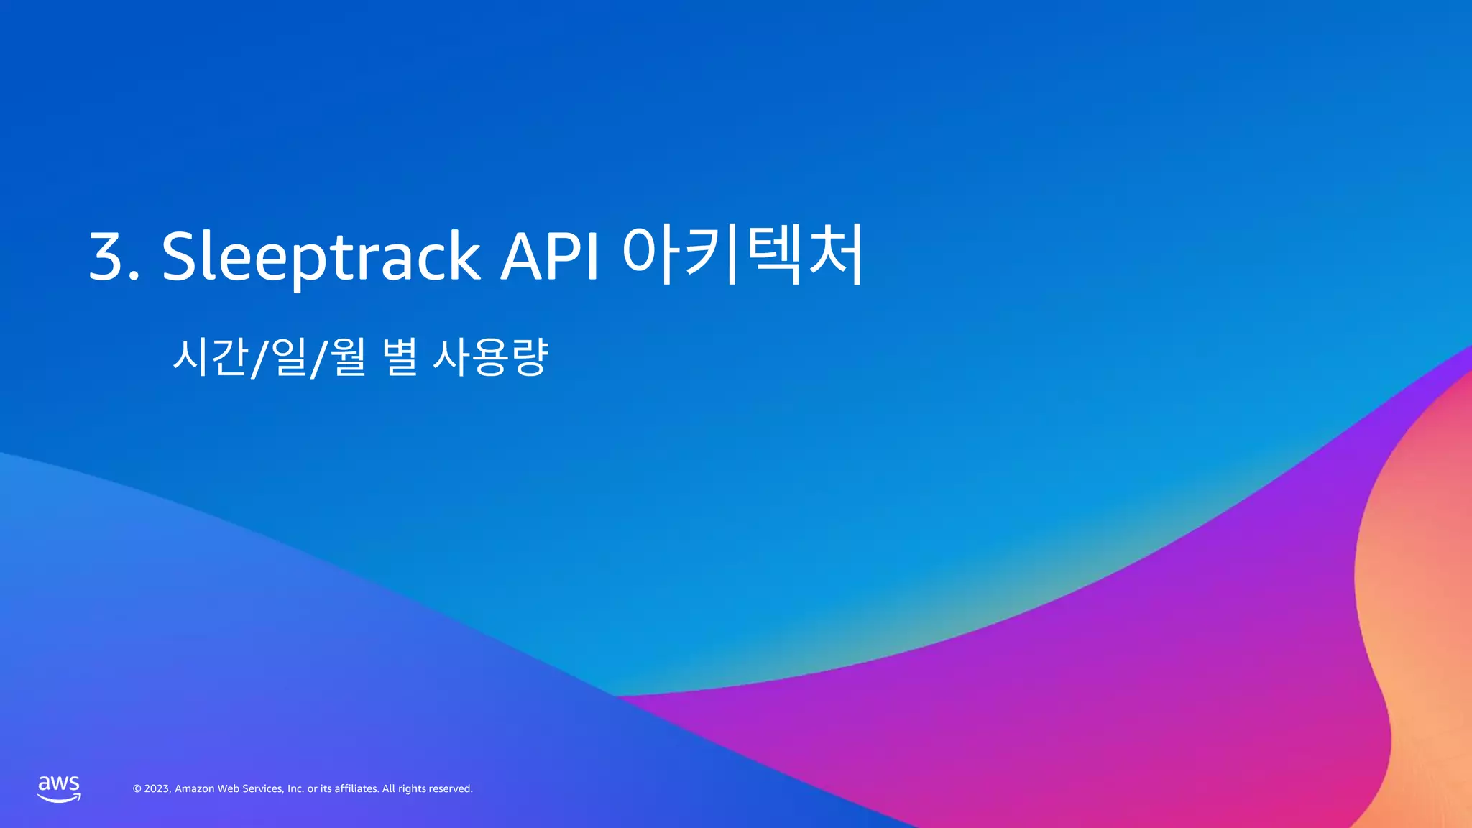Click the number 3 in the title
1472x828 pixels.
pos(107,257)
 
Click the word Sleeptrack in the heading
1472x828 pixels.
pos(321,257)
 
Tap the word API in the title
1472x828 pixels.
pos(550,257)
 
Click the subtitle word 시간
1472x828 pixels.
pos(211,356)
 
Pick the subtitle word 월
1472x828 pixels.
pos(349,356)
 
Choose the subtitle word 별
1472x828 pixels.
pos(400,356)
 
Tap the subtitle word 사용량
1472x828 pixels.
pos(490,356)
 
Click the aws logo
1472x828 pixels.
pos(59,788)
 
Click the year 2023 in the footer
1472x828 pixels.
pos(157,789)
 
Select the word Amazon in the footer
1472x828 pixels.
pos(194,789)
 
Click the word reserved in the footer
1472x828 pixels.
pos(450,789)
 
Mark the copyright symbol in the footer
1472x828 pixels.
pos(137,789)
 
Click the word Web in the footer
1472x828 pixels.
pos(228,789)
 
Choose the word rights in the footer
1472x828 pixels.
pos(411,789)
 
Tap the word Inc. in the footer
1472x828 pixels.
pos(295,789)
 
